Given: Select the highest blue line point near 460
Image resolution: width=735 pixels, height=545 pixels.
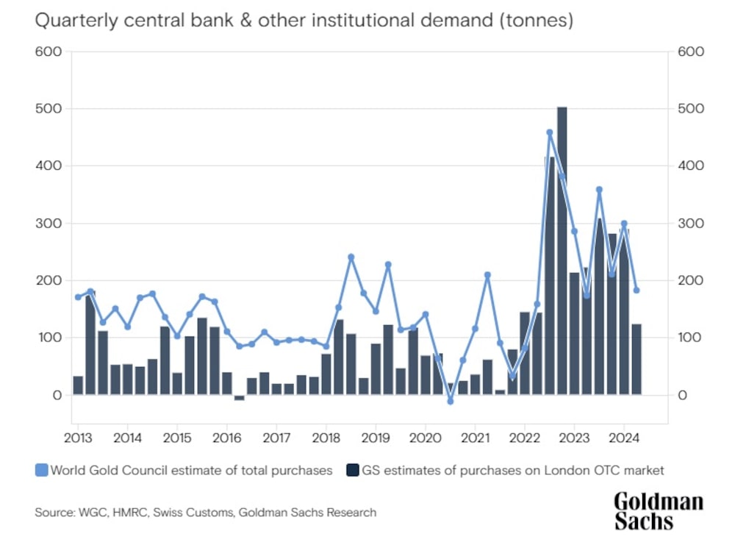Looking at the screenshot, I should coord(549,132).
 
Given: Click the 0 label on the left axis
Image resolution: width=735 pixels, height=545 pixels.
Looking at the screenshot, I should coord(57,396).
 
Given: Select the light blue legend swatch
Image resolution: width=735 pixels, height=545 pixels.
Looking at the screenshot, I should coord(41,470).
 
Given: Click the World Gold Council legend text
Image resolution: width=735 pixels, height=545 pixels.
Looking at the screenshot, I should coord(191,470).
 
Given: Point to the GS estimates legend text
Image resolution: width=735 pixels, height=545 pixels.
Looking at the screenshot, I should coord(512,470).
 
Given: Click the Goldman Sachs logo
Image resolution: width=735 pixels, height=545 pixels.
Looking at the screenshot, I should coord(658,511).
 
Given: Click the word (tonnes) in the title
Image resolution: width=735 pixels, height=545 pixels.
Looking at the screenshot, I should coord(536,21).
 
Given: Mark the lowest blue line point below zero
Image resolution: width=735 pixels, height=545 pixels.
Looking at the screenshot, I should coord(451,401).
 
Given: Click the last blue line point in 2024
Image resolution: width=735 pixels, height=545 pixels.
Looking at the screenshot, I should coord(637,290).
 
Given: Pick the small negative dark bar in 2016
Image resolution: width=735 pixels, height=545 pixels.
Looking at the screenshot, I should coord(239,398).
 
